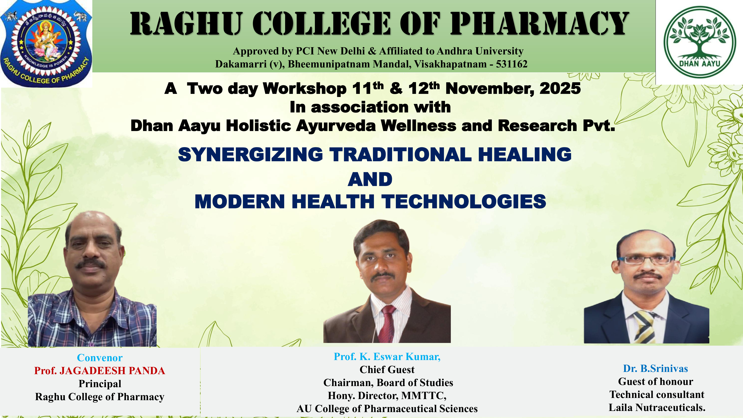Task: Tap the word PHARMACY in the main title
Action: pyautogui.click(x=539, y=24)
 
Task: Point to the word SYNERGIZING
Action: pyautogui.click(x=250, y=154)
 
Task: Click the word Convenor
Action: pyautogui.click(x=100, y=358)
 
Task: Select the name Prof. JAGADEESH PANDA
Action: pyautogui.click(x=100, y=371)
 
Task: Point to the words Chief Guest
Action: pyautogui.click(x=387, y=370)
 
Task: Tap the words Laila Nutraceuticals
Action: pyautogui.click(x=657, y=407)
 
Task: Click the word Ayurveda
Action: pyautogui.click(x=336, y=126)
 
